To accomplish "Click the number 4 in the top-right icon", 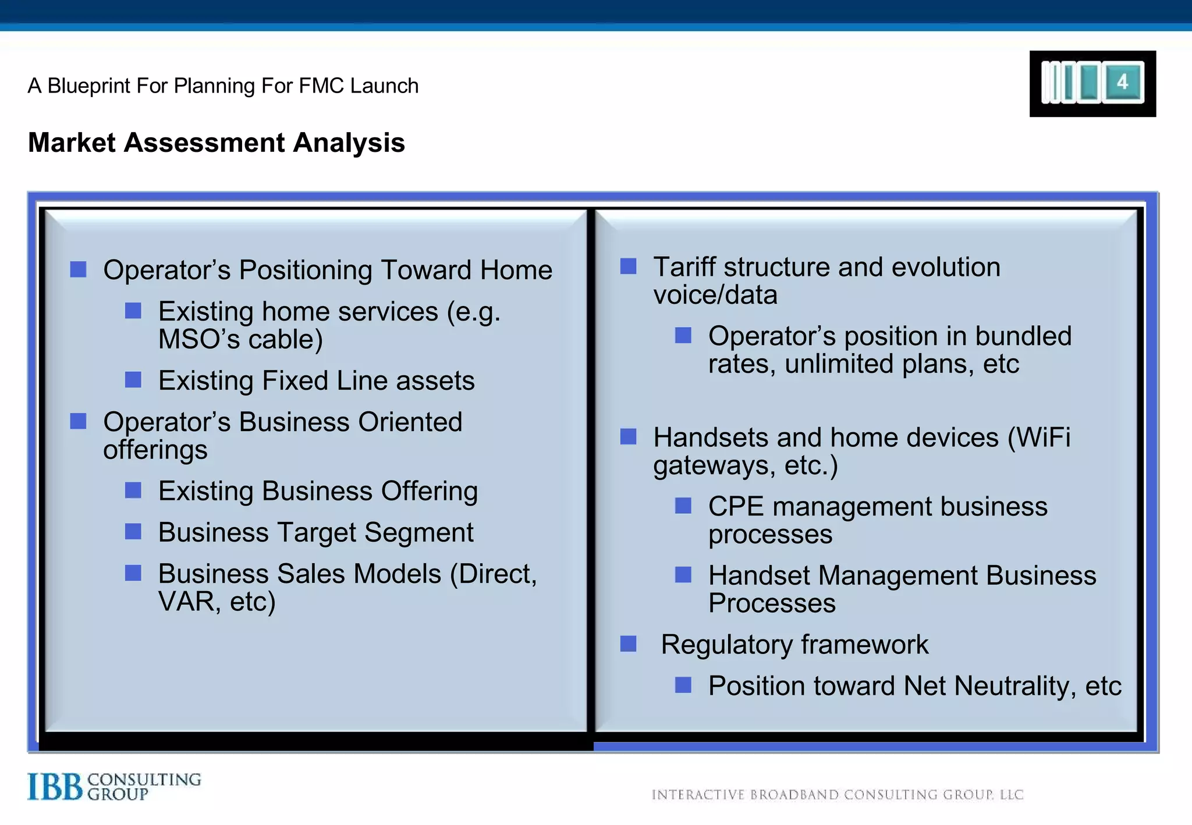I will click(x=1123, y=82).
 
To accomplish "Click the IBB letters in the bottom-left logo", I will click(x=55, y=787).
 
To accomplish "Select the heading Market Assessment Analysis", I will click(x=216, y=143).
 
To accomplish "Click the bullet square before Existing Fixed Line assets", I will click(x=133, y=380).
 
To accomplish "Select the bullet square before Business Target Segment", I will click(x=133, y=531).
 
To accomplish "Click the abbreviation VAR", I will click(x=186, y=602).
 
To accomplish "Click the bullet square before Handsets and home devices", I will click(x=628, y=436).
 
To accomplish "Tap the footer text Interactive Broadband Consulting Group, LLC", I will click(x=837, y=795).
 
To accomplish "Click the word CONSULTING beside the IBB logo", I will click(x=144, y=780).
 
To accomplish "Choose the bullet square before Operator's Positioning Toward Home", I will click(x=79, y=269).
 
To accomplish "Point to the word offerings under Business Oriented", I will click(x=155, y=450).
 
